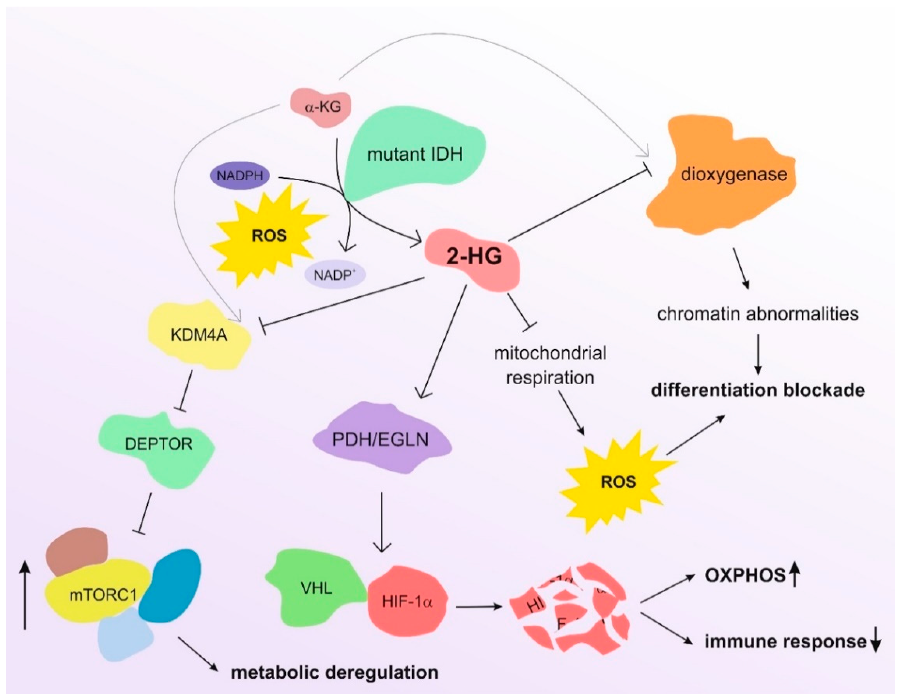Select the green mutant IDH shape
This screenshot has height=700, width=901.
click(415, 155)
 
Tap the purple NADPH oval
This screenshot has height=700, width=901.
click(240, 175)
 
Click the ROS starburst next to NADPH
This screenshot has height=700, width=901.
click(269, 236)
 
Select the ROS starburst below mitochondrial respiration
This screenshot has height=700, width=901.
click(618, 481)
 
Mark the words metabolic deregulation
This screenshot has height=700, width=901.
click(334, 672)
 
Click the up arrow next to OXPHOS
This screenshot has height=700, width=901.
click(795, 575)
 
